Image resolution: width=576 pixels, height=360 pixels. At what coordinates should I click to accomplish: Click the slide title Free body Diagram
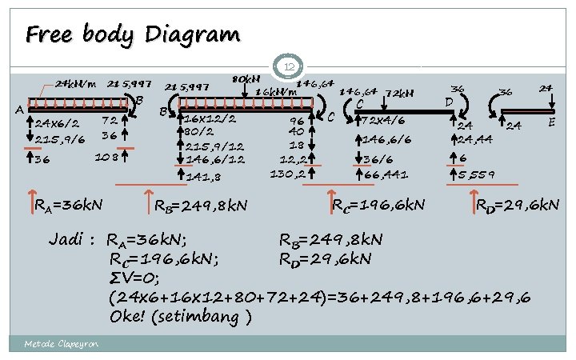click(132, 35)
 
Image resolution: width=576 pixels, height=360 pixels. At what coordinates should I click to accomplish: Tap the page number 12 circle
click(290, 68)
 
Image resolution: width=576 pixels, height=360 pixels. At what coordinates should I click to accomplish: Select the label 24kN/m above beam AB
click(75, 83)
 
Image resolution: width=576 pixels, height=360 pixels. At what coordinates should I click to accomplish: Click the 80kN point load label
click(245, 79)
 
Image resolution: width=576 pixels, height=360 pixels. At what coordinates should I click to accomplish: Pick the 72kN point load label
click(399, 93)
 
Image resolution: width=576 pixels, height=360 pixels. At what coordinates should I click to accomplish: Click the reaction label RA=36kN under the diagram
click(68, 206)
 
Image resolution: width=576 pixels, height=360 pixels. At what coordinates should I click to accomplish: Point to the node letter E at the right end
click(553, 122)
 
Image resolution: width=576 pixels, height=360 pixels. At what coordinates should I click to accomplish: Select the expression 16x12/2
click(210, 118)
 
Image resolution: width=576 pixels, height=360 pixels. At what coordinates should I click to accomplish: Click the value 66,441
click(386, 174)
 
